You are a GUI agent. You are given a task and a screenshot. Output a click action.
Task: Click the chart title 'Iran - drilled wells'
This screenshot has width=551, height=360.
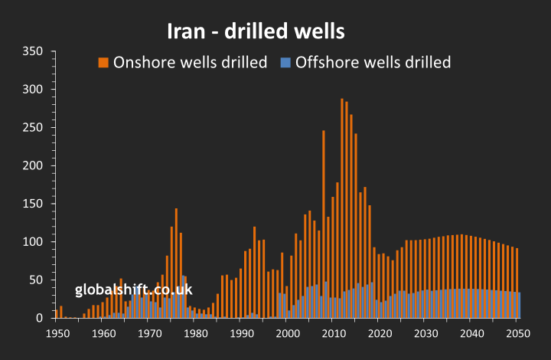coord(256,31)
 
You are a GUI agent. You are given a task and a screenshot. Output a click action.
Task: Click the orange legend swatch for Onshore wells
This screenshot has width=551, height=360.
coord(103,62)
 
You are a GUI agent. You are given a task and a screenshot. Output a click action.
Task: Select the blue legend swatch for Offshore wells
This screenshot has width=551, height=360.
coord(285,62)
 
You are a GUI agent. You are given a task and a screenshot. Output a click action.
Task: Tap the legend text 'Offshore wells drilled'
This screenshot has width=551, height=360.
coord(373,62)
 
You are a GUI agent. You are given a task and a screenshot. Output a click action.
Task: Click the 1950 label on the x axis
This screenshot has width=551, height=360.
coord(57,334)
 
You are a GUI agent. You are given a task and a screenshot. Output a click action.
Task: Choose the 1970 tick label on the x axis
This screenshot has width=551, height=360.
coord(149,334)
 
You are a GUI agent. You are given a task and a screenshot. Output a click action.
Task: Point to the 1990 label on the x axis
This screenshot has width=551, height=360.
coord(242,334)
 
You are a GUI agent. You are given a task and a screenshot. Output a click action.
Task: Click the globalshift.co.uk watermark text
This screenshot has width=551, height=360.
coord(133,290)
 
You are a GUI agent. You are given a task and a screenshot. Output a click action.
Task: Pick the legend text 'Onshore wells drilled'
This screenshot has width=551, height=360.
coord(190,62)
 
